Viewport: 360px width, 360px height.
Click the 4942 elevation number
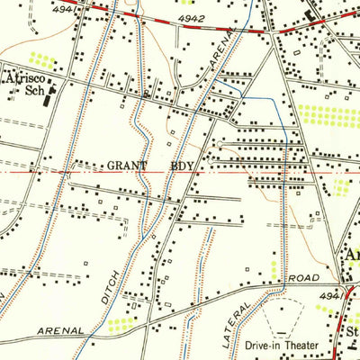[192, 17]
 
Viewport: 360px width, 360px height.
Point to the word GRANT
[126, 166]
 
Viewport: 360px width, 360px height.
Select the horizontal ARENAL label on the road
[61, 330]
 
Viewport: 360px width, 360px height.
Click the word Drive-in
[259, 345]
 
